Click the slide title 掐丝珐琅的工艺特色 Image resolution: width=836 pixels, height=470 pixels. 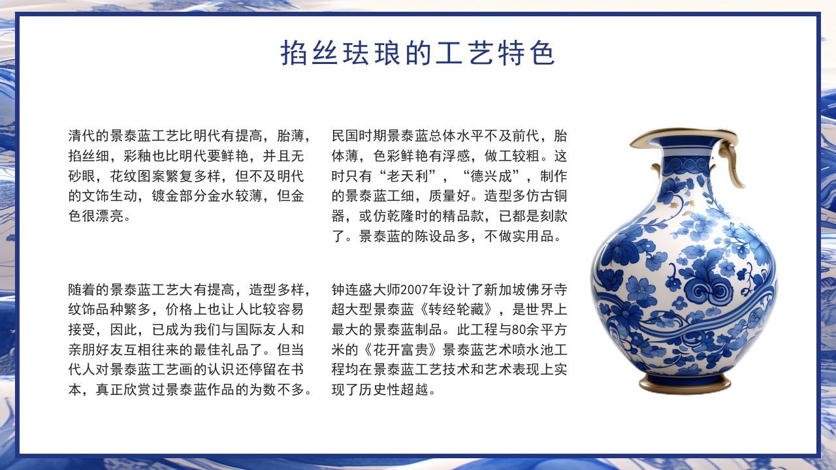[418, 54]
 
